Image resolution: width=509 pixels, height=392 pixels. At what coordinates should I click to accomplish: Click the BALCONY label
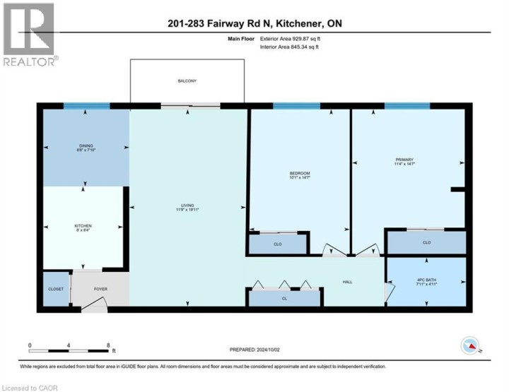[x=187, y=81]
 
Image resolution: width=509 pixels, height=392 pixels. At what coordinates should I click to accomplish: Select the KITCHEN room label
[x=83, y=227]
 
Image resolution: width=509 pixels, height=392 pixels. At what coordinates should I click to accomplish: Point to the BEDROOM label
[x=299, y=174]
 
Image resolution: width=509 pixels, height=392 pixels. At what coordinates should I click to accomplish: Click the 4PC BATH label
[x=426, y=283]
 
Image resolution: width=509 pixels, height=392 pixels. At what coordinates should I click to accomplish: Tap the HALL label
[x=348, y=282]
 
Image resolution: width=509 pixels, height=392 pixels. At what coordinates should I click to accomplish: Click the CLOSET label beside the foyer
[x=57, y=290]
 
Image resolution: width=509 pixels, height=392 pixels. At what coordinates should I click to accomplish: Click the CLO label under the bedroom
[x=277, y=244]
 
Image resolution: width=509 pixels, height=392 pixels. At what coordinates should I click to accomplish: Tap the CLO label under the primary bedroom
[x=426, y=242]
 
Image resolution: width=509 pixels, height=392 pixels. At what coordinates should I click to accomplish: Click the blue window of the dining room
[x=86, y=106]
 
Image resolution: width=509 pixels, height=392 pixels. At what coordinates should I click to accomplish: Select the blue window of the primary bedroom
[x=407, y=106]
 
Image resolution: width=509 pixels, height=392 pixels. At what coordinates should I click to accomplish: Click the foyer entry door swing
[x=96, y=304]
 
